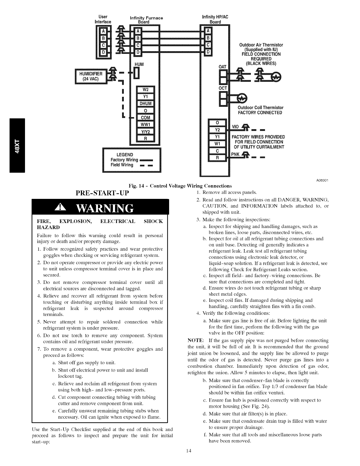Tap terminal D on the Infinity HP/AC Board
208,52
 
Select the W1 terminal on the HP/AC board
217,144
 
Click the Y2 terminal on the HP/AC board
217,129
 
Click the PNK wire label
235,154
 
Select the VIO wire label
235,127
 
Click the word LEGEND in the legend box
125,155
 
